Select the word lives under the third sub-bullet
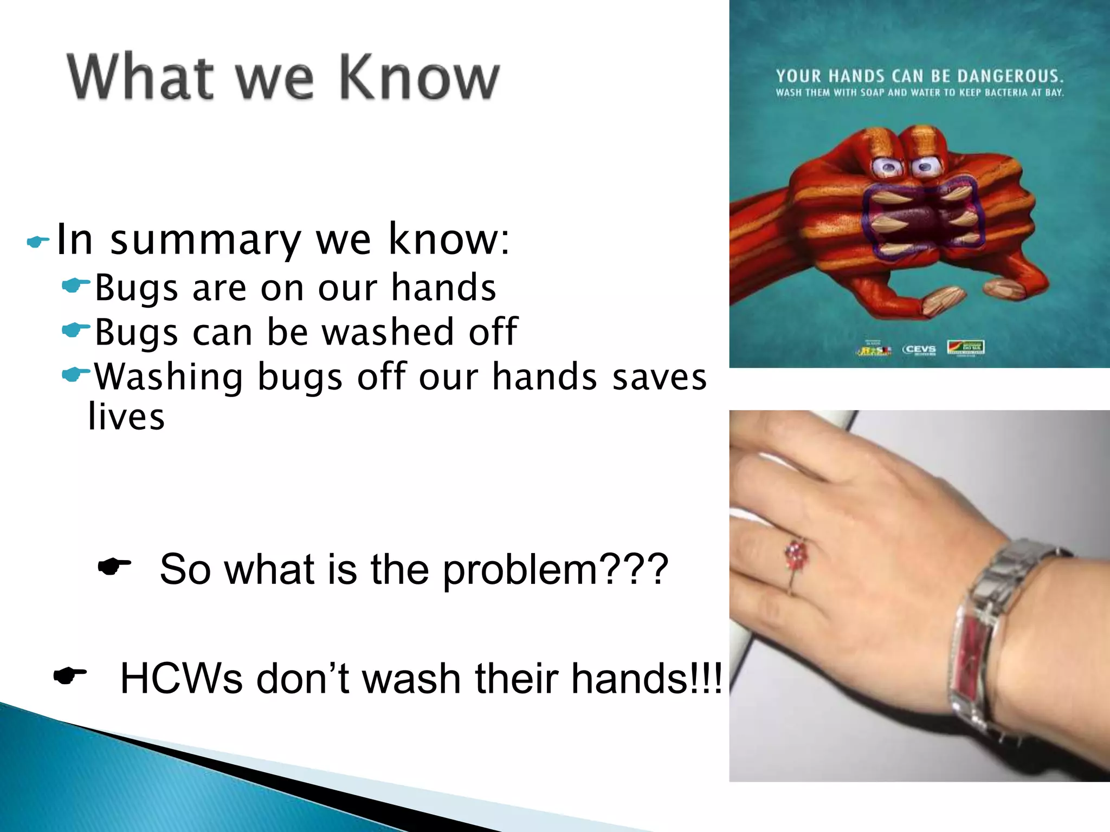point(126,417)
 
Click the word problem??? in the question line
point(555,569)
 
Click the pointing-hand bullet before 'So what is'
point(114,567)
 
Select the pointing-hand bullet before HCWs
point(70,675)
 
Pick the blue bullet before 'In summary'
point(37,242)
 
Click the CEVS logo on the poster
point(919,349)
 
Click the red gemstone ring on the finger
point(796,554)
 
